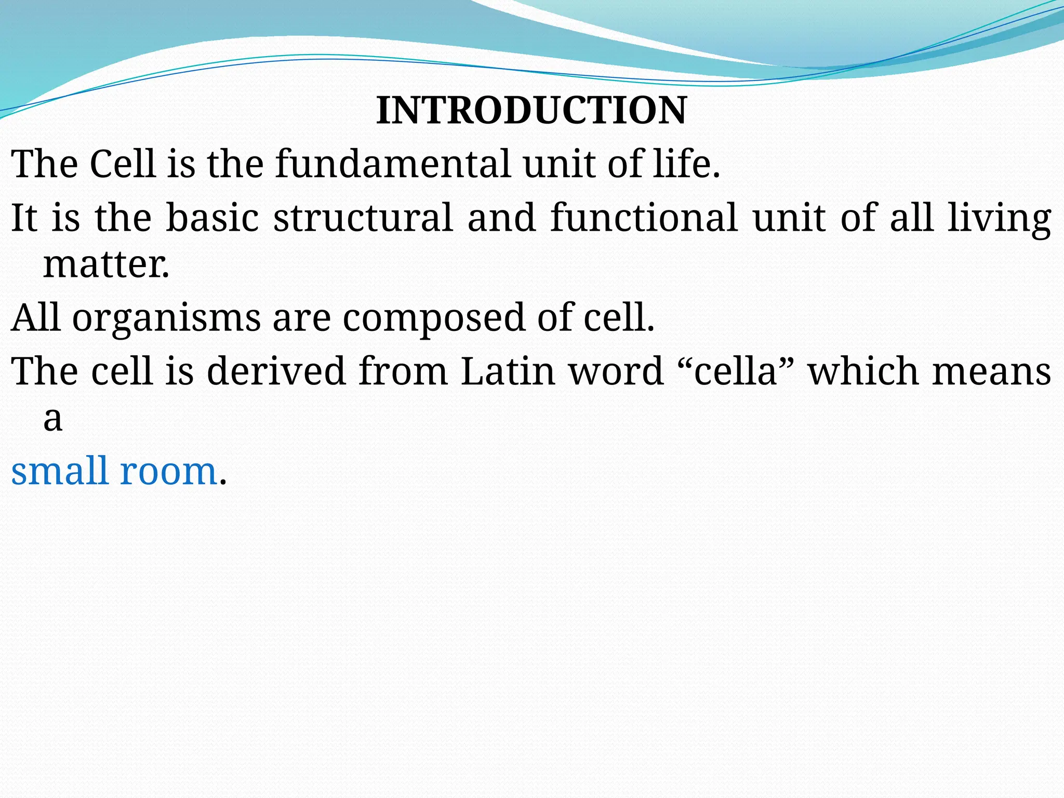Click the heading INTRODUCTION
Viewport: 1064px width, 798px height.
pos(531,110)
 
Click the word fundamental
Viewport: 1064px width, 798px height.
pos(393,164)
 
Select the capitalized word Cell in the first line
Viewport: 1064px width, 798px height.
pos(123,164)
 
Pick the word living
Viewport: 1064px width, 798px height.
pos(999,218)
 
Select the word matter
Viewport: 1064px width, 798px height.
pos(106,264)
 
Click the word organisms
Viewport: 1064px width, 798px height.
pos(166,318)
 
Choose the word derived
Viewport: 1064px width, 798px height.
pos(276,371)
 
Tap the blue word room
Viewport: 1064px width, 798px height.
pos(168,471)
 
